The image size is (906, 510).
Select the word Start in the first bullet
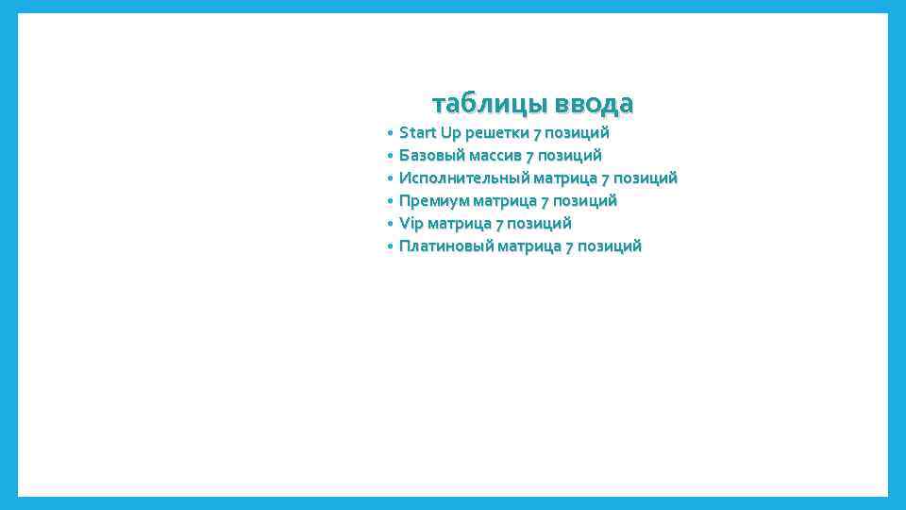[417, 132]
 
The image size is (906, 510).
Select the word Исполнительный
[463, 178]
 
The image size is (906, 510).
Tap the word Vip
[411, 223]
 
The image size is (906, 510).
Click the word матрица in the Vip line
[460, 223]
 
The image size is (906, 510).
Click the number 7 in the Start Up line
[537, 132]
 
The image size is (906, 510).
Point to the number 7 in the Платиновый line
[569, 246]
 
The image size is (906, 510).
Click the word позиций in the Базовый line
[570, 155]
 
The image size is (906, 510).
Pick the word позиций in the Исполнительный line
[646, 178]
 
